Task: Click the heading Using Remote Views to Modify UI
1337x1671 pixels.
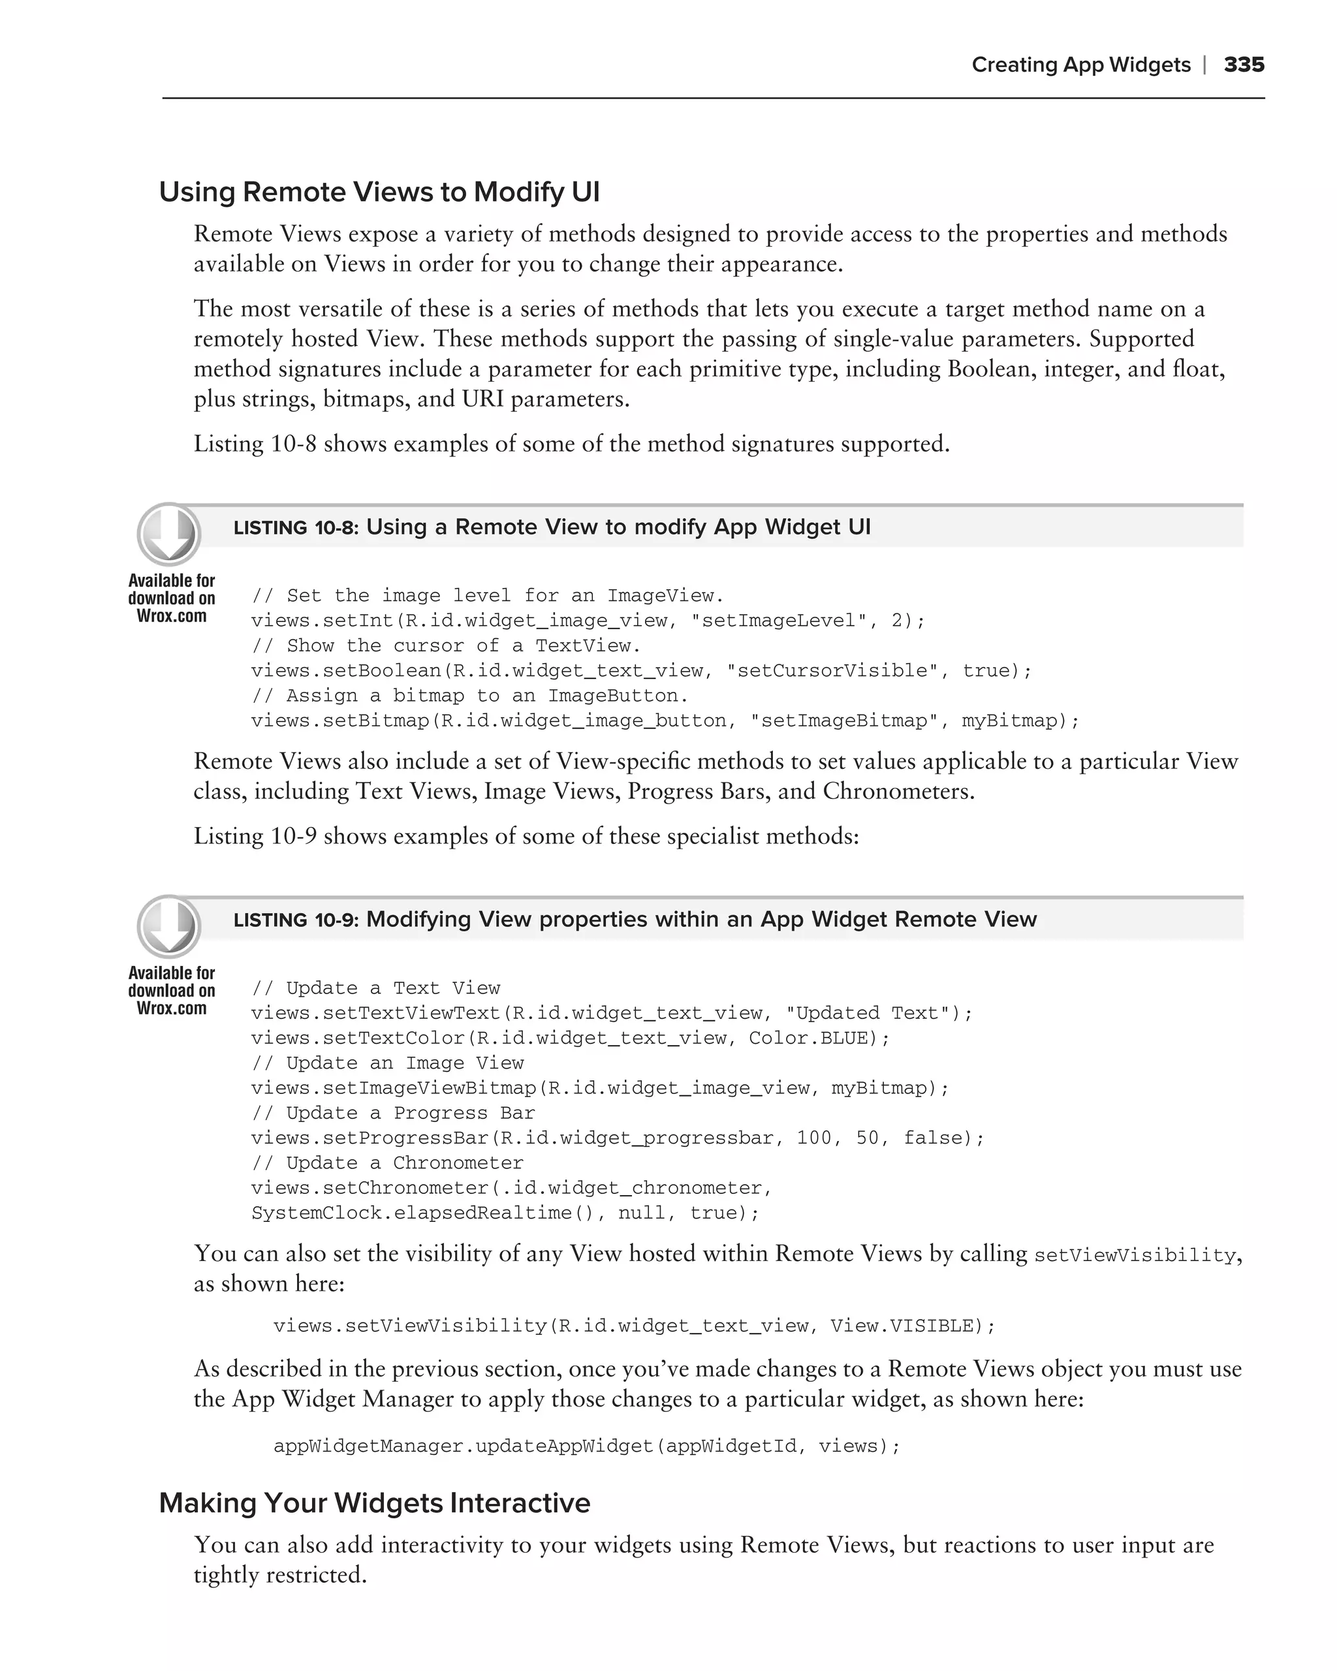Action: (379, 192)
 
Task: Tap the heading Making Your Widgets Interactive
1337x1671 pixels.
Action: (374, 1503)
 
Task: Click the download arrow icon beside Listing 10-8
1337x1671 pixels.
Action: (169, 533)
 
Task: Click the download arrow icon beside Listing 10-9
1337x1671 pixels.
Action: (169, 926)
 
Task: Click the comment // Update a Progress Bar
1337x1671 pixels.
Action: (393, 1113)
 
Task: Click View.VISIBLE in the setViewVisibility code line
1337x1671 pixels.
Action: (902, 1326)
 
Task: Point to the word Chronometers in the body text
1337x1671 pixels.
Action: (895, 791)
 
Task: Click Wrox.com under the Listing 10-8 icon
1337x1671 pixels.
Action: (171, 616)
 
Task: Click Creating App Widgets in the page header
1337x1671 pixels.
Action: (1080, 65)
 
